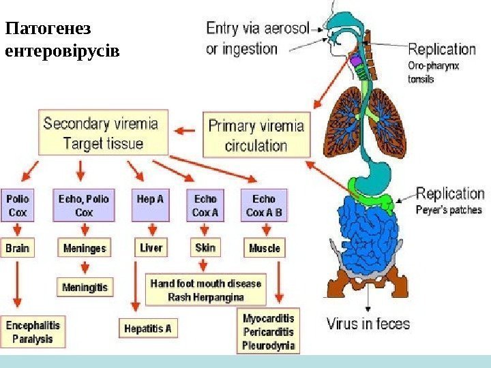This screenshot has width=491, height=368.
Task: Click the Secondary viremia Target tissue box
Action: click(100, 134)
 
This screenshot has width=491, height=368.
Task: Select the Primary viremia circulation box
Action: click(256, 135)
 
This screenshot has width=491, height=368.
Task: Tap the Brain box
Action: click(18, 248)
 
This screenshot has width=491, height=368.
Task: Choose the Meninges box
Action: click(84, 248)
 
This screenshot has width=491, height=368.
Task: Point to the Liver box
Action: click(151, 248)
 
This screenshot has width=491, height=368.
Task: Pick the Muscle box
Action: click(264, 248)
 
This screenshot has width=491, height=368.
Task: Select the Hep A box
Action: click(151, 205)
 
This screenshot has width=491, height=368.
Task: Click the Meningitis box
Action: click(85, 287)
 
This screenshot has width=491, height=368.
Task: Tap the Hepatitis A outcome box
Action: click(147, 328)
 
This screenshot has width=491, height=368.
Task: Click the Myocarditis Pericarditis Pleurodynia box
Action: click(269, 332)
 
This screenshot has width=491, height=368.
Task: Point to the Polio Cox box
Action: click(18, 205)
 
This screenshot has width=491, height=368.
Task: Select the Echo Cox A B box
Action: click(264, 205)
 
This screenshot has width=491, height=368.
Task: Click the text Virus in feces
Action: click(368, 323)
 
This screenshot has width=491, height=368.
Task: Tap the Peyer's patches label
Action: click(449, 210)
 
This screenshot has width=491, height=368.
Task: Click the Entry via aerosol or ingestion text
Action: click(257, 38)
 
